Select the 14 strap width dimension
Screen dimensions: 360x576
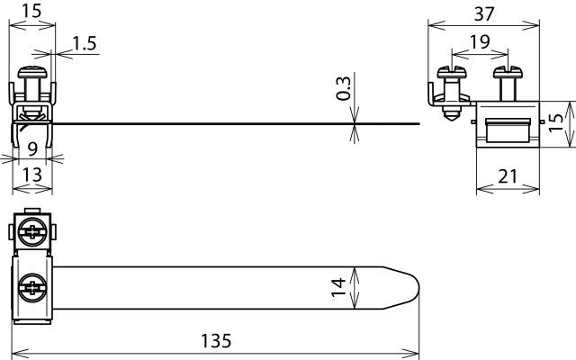click(x=338, y=287)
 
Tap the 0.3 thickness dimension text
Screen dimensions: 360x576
click(x=343, y=87)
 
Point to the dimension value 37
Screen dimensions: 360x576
click(x=484, y=13)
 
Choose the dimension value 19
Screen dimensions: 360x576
click(x=480, y=40)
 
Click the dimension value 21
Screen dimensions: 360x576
click(x=508, y=176)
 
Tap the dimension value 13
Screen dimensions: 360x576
click(x=31, y=176)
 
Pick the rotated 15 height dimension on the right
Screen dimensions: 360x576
click(x=558, y=117)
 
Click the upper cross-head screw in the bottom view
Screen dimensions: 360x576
click(x=33, y=232)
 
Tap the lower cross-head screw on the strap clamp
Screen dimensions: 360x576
click(x=33, y=288)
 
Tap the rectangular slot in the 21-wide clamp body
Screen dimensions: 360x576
click(x=508, y=130)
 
